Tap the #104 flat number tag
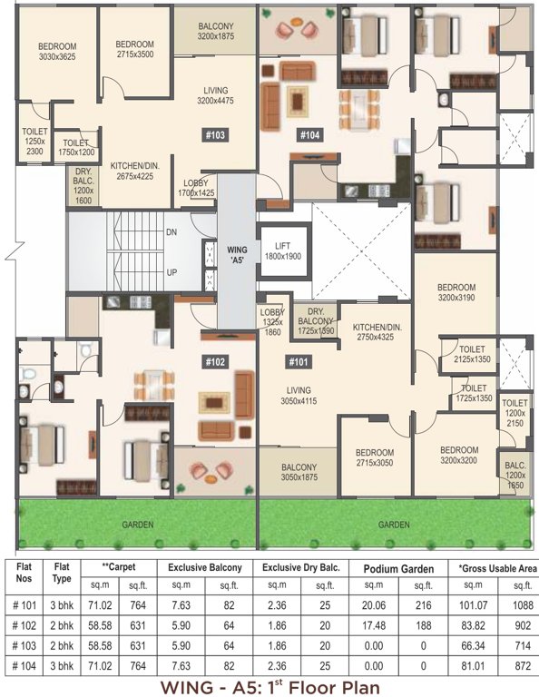[x=310, y=136]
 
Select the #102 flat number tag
[x=215, y=360]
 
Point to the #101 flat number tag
[x=299, y=363]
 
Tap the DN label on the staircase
[x=171, y=232]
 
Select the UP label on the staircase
[x=171, y=272]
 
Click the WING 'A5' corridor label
[x=236, y=250]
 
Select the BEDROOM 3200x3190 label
[x=456, y=291]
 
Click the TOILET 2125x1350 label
[x=470, y=354]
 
